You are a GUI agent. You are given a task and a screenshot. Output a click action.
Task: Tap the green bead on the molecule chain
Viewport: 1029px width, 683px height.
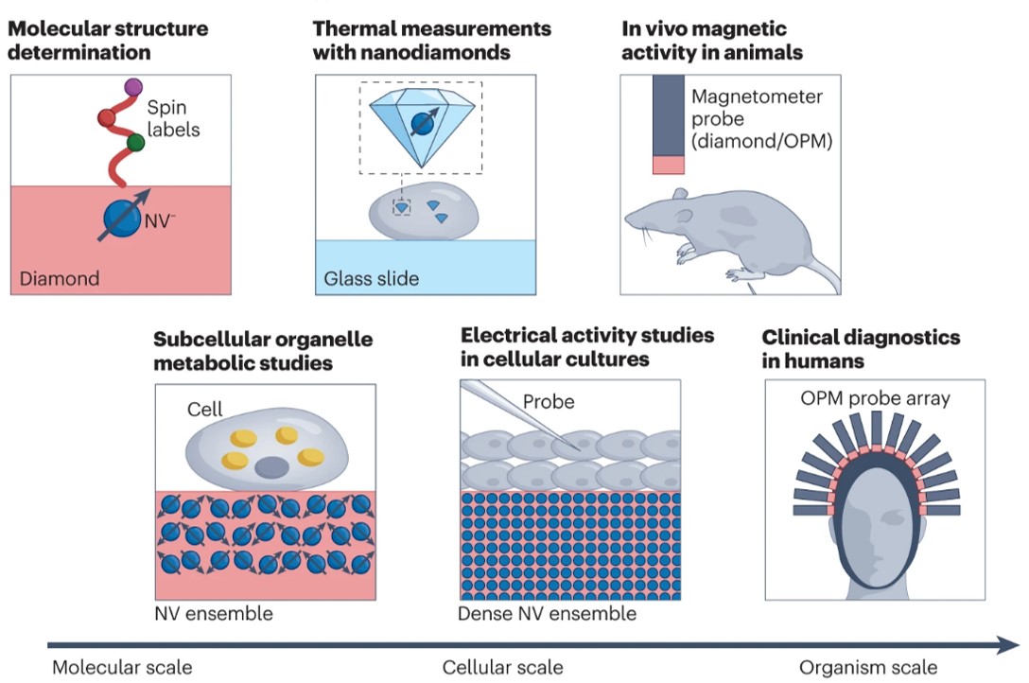point(134,144)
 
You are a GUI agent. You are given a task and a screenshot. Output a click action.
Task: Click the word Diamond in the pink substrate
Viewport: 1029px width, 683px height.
point(60,278)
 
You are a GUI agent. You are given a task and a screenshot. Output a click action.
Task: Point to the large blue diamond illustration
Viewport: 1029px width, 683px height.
point(422,121)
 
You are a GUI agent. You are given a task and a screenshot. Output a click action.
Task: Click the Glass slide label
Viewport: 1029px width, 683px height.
point(372,278)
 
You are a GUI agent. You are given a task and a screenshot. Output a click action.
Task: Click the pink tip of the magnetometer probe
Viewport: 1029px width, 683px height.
point(668,166)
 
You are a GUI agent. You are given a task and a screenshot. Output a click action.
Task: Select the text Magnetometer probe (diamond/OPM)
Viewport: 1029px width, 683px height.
point(758,120)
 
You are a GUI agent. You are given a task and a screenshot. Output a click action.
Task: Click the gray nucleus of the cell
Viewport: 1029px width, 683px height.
point(274,467)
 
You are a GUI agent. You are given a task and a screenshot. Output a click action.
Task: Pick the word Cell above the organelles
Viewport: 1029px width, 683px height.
point(205,409)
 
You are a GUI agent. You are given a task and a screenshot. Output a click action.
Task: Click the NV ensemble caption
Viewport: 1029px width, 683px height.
point(214,614)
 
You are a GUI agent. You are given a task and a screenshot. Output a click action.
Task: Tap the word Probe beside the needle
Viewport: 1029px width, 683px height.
point(549,402)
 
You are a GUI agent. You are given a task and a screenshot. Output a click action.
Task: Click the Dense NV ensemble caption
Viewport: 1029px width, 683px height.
point(547,614)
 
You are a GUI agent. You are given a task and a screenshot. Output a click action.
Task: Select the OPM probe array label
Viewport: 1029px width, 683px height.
point(875,399)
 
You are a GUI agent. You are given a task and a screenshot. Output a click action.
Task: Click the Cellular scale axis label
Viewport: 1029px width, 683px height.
point(502,668)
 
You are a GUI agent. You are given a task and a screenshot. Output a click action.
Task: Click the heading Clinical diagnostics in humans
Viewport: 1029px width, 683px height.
point(861,349)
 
